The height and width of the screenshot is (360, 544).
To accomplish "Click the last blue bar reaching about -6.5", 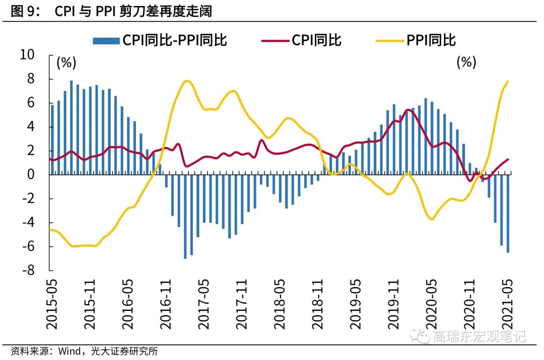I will [x=508, y=213].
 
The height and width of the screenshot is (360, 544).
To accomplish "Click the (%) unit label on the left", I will [x=66, y=63].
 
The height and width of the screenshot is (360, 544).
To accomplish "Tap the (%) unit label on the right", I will [x=466, y=62].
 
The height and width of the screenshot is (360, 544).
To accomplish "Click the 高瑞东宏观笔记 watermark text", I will [x=479, y=336].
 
